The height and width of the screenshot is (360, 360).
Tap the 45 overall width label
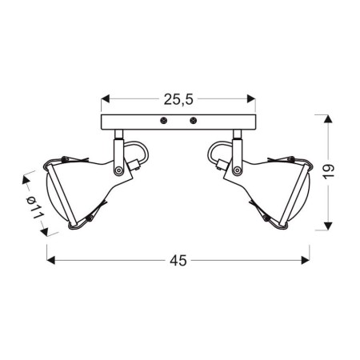tap(179, 261)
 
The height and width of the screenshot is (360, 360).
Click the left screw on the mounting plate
tap(163, 121)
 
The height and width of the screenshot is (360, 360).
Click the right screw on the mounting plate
tap(193, 121)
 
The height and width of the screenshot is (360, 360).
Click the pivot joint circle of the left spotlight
tap(119, 170)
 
